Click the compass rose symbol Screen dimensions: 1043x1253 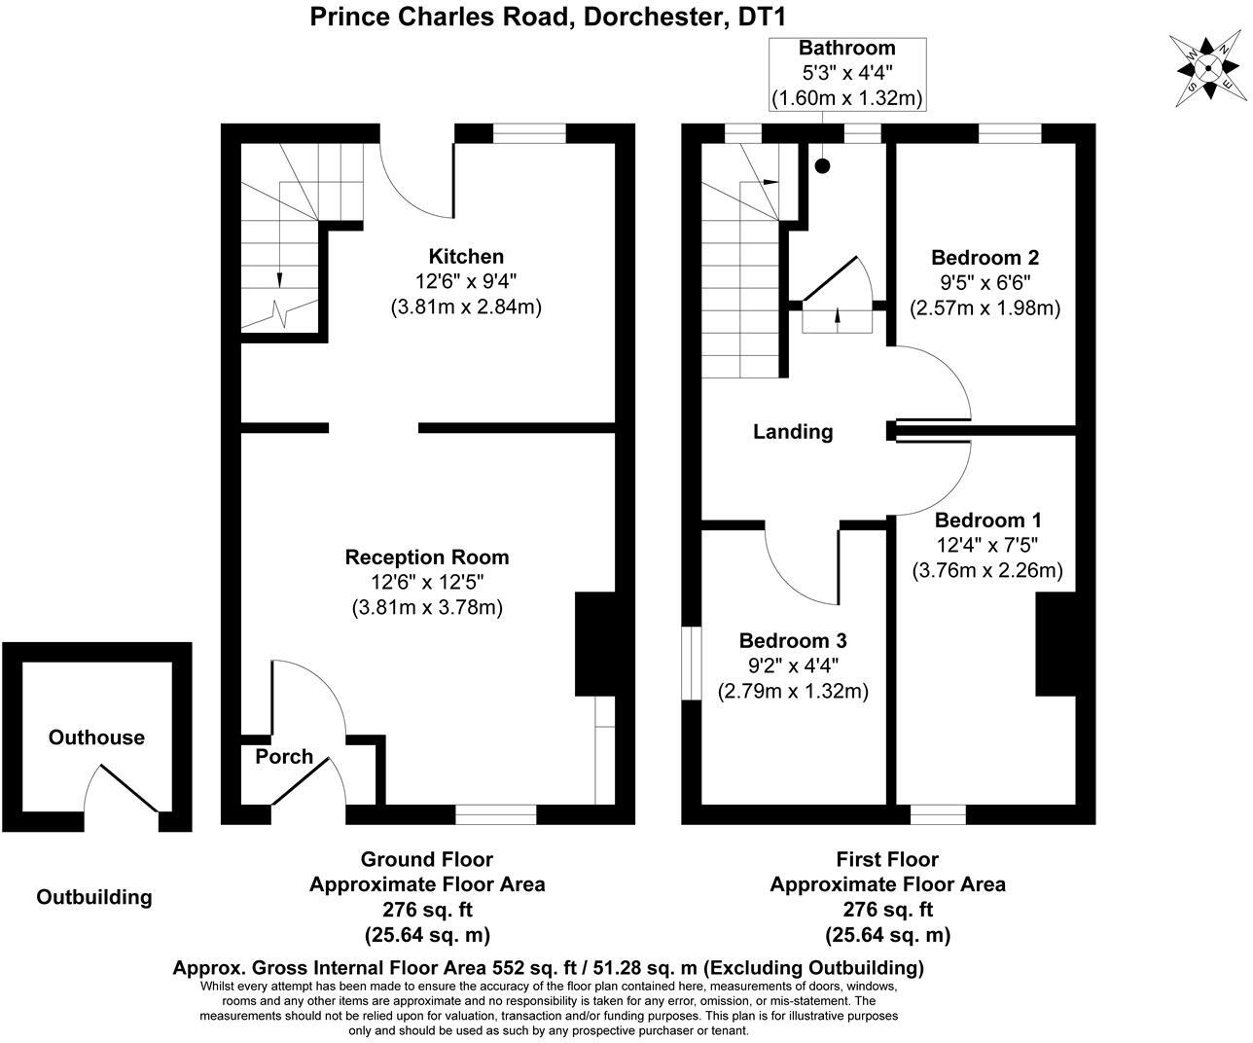click(1206, 68)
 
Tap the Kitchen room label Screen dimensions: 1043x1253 click(466, 257)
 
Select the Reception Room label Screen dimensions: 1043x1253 click(427, 557)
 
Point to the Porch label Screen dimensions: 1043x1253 click(284, 756)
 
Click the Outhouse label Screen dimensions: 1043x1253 click(96, 737)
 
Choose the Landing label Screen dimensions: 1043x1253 click(793, 432)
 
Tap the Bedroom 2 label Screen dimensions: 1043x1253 click(984, 258)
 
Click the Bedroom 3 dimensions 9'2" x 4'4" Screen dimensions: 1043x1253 click(792, 666)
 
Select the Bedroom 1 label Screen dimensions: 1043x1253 click(986, 521)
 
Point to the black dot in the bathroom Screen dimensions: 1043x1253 click(823, 165)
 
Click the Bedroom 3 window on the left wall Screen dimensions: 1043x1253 click(691, 663)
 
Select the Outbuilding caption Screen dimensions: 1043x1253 click(94, 897)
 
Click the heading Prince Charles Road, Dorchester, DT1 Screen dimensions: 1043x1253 click(547, 17)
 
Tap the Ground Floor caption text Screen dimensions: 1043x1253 click(426, 860)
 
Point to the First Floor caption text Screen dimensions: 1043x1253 click(887, 860)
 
